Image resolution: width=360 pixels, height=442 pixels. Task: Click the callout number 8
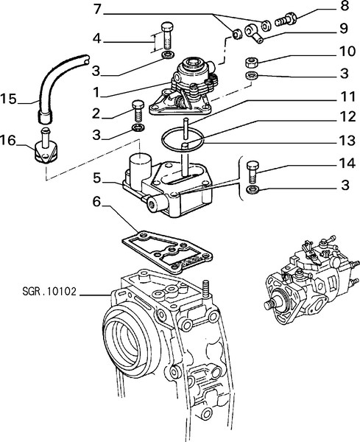coord(345,6)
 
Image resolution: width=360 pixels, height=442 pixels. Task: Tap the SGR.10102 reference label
coord(49,291)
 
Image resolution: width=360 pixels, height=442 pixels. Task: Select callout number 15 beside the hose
coord(8,99)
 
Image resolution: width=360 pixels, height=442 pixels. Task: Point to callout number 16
coord(8,140)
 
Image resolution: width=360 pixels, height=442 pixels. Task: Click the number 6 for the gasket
coord(96,202)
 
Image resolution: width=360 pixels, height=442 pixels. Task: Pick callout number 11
coord(348,97)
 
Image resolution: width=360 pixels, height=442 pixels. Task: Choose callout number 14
coord(347,164)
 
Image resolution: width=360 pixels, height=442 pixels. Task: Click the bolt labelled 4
coord(167,36)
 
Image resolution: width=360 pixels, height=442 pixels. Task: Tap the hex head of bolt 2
coord(138,105)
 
